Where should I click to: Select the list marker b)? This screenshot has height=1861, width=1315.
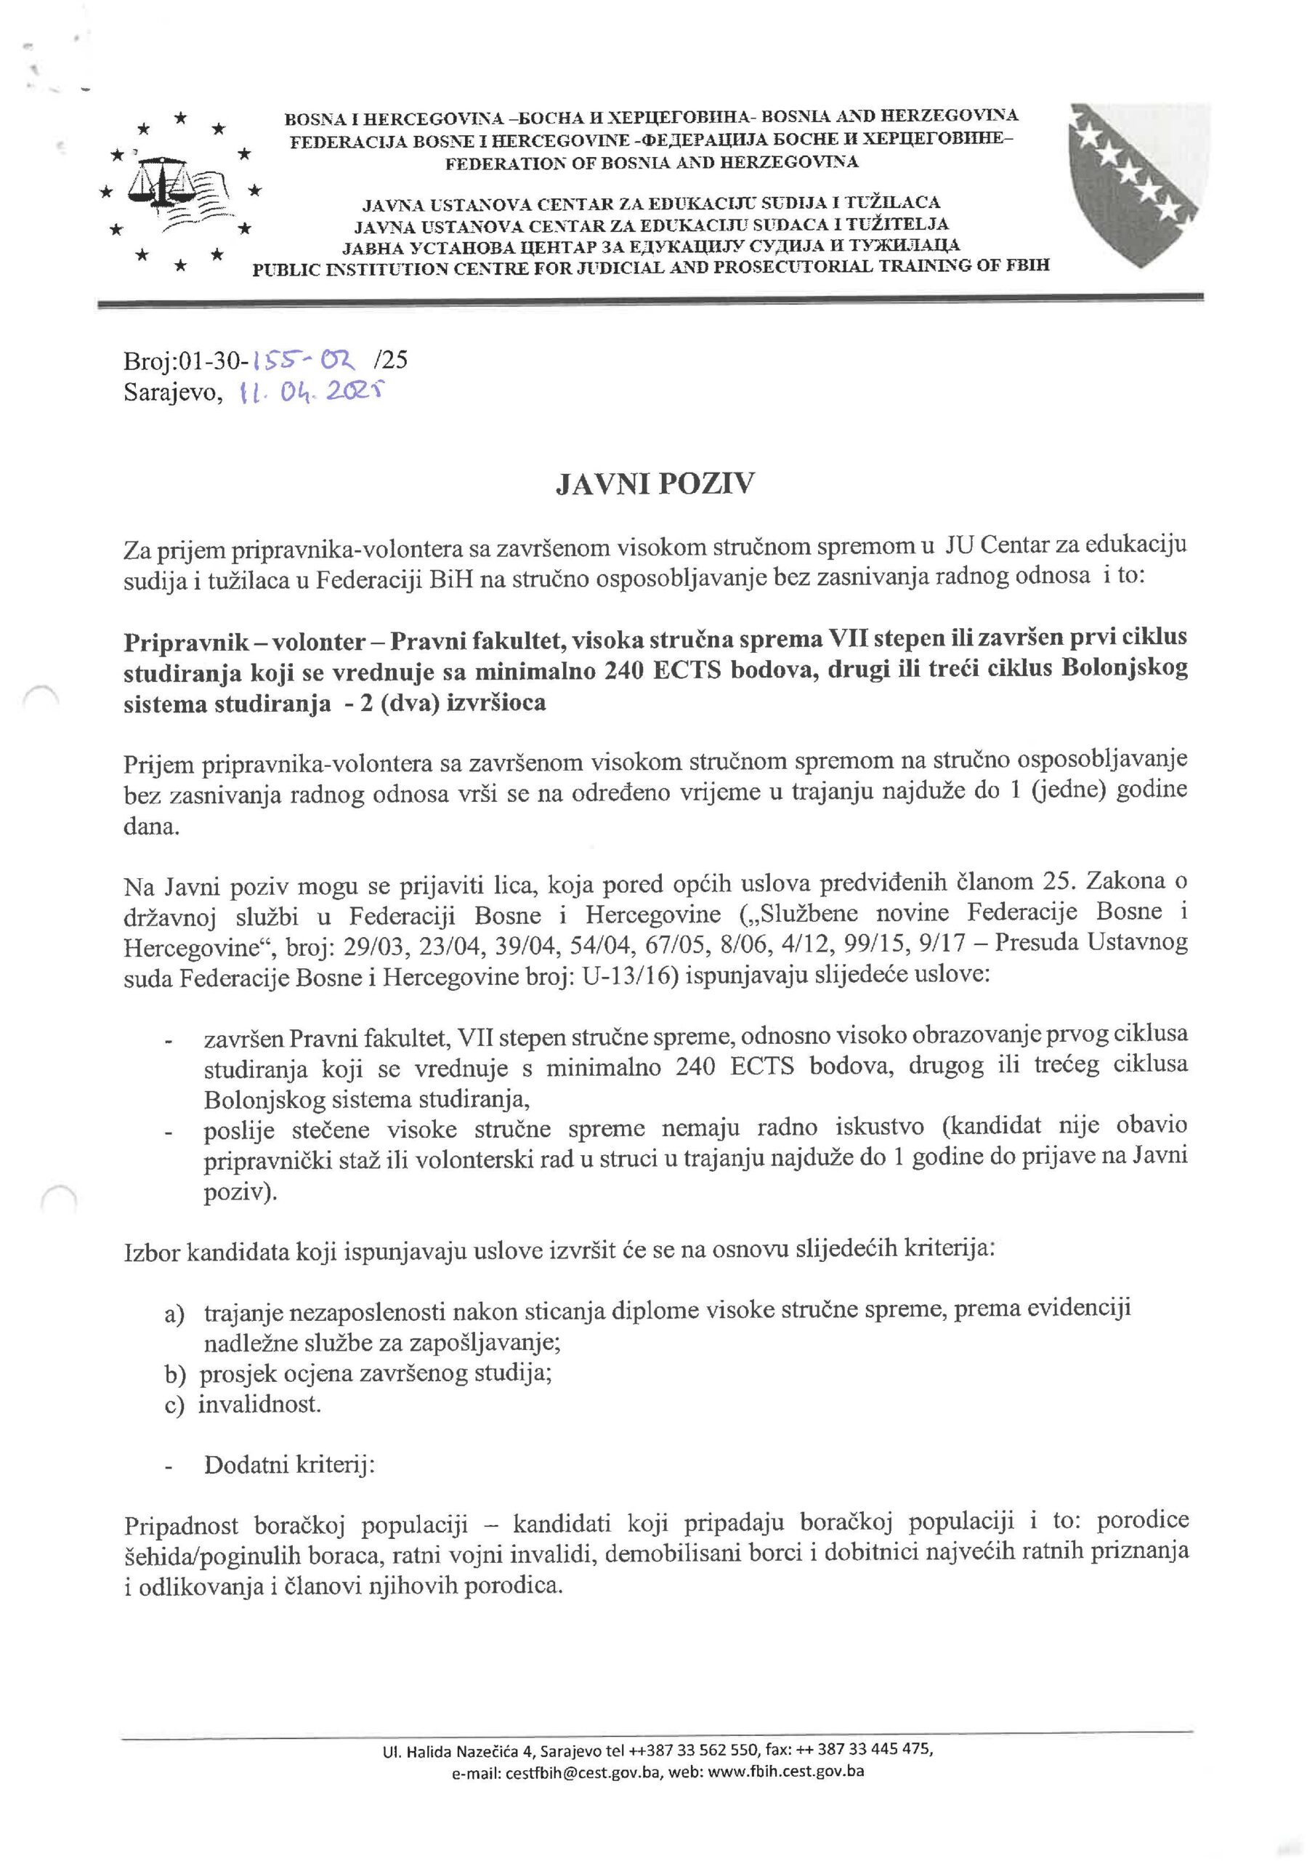click(x=175, y=1374)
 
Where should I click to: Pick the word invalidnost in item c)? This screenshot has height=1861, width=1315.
click(x=259, y=1404)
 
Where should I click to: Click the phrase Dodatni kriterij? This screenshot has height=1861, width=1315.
click(x=289, y=1466)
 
